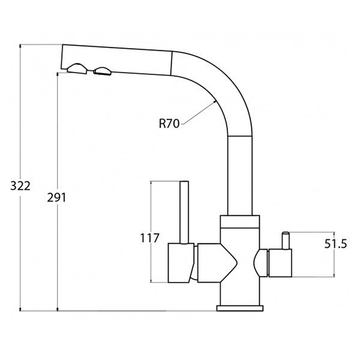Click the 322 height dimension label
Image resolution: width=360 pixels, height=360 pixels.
coord(20,186)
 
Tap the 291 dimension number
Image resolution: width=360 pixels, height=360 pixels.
coord(56,197)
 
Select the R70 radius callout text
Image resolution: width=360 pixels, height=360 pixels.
coord(169,124)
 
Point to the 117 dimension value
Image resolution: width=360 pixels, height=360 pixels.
coord(149,238)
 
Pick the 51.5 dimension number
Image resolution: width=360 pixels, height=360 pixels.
coord(335,244)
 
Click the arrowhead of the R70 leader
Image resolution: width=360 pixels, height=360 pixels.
coord(214,101)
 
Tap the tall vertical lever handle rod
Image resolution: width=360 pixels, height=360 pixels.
coord(184,212)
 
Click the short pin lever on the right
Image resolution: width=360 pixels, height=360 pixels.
coord(286,241)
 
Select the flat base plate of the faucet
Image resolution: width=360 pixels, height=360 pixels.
coord(240,308)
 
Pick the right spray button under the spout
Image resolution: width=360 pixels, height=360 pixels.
coord(103,71)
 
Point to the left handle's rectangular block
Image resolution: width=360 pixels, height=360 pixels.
coord(181,263)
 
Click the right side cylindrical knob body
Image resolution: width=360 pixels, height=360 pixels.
coord(280,263)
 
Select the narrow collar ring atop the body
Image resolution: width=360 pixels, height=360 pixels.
coord(240,222)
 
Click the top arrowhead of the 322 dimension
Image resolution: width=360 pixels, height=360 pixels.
coord(20,46)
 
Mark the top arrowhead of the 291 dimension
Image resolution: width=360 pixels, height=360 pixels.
coord(58,74)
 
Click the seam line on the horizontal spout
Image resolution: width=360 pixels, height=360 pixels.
coord(171,63)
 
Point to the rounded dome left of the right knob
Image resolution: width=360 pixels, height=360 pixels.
coord(260,263)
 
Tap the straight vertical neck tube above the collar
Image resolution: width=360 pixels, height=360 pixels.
coord(240,176)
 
